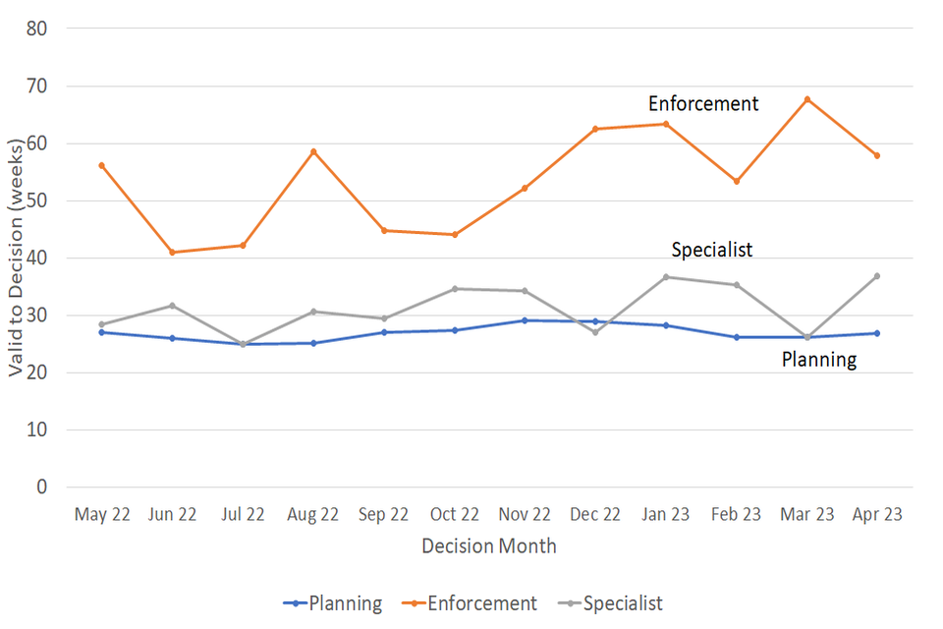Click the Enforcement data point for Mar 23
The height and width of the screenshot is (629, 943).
[x=806, y=99]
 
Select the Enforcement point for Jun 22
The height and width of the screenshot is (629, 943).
[x=172, y=253]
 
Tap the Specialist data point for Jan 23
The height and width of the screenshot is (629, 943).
[x=665, y=277]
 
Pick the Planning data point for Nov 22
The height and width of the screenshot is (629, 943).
[x=525, y=320]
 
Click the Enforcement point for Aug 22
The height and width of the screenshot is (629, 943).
[x=313, y=151]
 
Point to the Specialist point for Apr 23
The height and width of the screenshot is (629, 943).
[x=877, y=276]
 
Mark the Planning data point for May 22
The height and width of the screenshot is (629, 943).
[x=101, y=332]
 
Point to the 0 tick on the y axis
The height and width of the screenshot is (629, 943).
[x=42, y=487]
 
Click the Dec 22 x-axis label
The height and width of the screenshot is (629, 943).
[x=595, y=515]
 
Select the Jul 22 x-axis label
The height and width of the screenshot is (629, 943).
[x=243, y=515]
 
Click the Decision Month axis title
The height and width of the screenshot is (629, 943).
[x=489, y=546]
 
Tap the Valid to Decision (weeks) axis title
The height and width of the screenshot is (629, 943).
[x=17, y=257]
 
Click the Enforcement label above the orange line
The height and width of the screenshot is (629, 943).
[x=703, y=104]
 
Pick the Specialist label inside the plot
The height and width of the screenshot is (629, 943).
[x=712, y=250]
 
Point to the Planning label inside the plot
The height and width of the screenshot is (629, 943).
[x=819, y=360]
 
